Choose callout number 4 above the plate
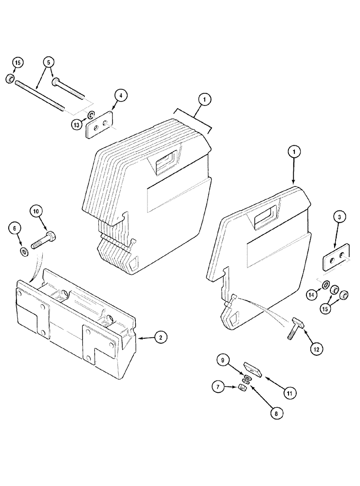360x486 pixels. (x=121, y=96)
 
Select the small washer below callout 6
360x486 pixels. (x=23, y=252)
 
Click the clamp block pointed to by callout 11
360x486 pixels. (x=253, y=370)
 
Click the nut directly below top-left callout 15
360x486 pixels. (x=9, y=79)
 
